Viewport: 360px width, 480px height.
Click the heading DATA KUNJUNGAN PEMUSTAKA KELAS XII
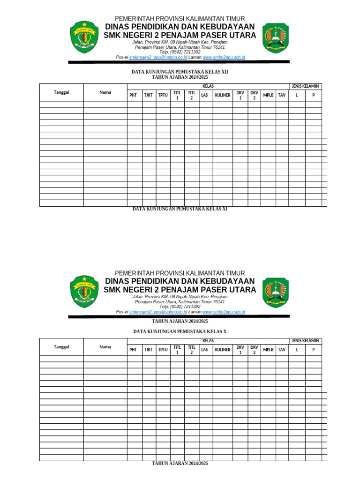[x=180, y=72]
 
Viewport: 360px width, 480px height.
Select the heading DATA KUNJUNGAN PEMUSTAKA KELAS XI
[x=180, y=209]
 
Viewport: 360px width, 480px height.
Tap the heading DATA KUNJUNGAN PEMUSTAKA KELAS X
[x=180, y=331]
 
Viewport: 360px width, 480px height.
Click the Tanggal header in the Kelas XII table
[x=61, y=92]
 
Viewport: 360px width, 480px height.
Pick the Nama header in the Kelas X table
[x=105, y=347]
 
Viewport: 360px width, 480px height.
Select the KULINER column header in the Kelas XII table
[x=223, y=95]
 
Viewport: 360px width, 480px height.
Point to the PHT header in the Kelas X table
[x=133, y=350]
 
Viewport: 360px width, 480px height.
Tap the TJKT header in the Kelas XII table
[x=149, y=95]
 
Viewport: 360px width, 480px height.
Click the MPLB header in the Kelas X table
[x=268, y=350]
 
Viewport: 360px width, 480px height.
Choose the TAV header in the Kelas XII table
[x=282, y=95]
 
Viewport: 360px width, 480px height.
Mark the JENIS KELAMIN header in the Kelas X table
[x=305, y=341]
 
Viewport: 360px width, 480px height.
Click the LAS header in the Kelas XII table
[x=204, y=95]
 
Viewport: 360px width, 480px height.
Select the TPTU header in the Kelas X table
[x=163, y=350]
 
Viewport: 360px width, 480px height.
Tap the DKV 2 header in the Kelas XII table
[x=254, y=95]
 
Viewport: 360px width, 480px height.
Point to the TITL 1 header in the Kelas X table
[x=177, y=350]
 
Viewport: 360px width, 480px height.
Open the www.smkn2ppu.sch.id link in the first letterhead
[x=224, y=57]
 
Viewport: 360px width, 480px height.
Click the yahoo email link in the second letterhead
[x=158, y=312]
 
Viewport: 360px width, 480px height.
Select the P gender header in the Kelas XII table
[x=314, y=95]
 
